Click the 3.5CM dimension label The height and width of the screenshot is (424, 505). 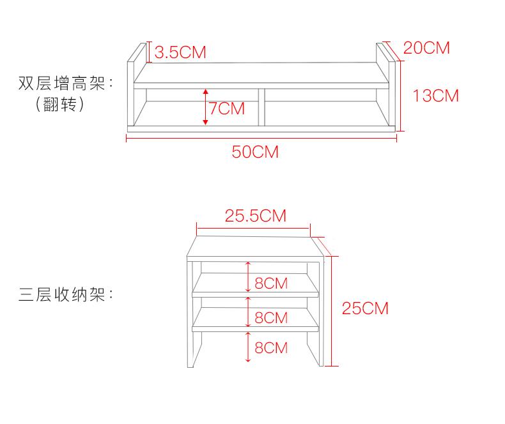click(x=181, y=52)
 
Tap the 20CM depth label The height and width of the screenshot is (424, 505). click(x=426, y=47)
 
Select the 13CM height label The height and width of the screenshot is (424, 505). click(x=436, y=96)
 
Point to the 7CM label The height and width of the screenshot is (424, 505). click(x=227, y=109)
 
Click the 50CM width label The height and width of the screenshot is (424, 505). click(x=255, y=152)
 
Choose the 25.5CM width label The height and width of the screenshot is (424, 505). click(x=255, y=215)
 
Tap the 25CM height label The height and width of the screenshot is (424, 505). click(x=365, y=308)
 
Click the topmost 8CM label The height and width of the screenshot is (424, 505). click(x=271, y=283)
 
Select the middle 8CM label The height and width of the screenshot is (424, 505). click(x=271, y=317)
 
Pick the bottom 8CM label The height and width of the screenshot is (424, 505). click(x=271, y=348)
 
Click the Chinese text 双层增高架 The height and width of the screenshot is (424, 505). click(x=61, y=83)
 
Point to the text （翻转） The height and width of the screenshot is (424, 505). click(x=61, y=104)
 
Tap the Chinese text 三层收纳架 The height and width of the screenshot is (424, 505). click(x=61, y=295)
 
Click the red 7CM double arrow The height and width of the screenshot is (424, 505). click(x=206, y=106)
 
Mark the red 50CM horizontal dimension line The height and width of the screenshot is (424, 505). click(x=262, y=137)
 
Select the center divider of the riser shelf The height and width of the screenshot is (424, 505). click(x=261, y=107)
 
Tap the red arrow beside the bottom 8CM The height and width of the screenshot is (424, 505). click(x=248, y=347)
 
